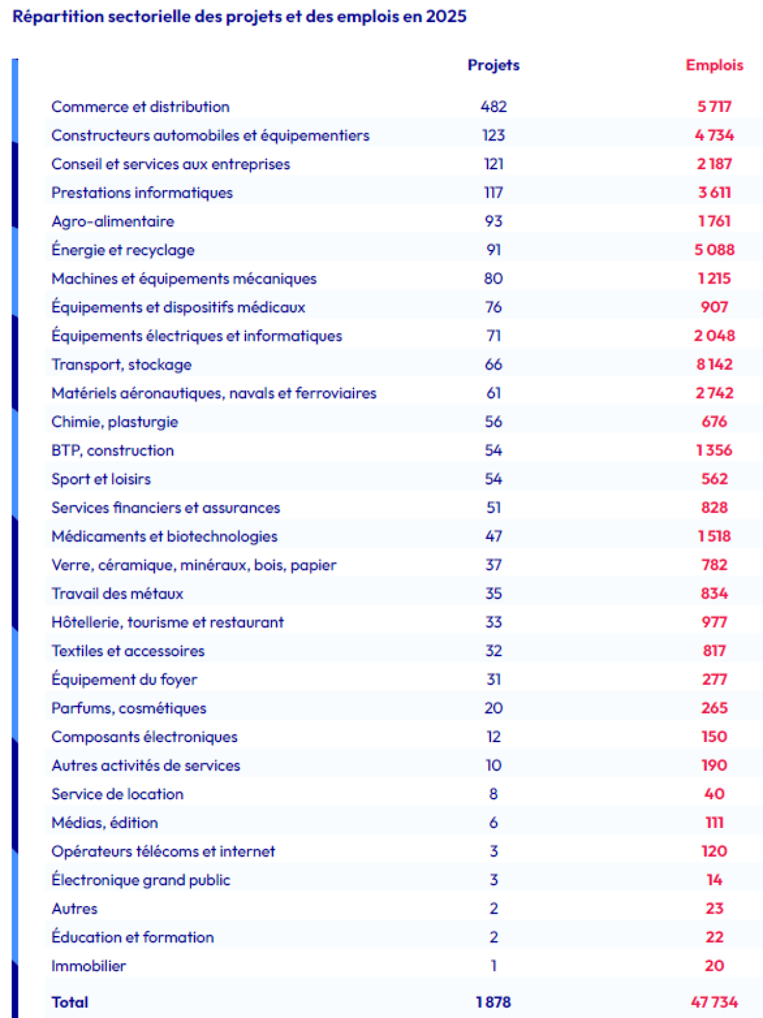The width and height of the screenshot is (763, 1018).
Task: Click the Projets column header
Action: (493, 65)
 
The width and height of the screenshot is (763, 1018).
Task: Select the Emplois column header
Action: (714, 65)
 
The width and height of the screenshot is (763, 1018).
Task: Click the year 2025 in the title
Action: (446, 17)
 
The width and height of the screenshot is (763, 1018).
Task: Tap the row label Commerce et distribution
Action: (141, 107)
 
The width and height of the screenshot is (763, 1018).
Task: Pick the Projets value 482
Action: (493, 107)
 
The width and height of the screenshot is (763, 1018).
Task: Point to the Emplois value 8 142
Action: (714, 364)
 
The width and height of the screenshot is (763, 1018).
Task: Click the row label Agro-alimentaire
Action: (113, 221)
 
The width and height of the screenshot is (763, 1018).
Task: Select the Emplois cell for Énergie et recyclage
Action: (714, 250)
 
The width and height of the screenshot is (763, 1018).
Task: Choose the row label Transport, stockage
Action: (121, 364)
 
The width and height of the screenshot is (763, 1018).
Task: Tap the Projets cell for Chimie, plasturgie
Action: (493, 422)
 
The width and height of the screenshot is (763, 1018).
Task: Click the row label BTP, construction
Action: (113, 450)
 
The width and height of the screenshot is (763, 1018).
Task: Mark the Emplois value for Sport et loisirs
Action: (714, 479)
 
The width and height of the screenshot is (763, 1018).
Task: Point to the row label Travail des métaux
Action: (117, 593)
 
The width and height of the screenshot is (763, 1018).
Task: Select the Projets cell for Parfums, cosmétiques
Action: (493, 708)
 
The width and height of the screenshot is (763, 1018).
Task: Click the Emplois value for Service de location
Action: (714, 794)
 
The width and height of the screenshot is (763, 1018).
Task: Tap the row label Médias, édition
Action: (104, 822)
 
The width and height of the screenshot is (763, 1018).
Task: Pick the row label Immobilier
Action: (88, 965)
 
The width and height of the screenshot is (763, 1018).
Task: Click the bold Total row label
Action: (70, 1002)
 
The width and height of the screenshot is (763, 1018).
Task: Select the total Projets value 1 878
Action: (493, 1002)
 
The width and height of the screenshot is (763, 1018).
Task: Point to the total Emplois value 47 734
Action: (714, 1002)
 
